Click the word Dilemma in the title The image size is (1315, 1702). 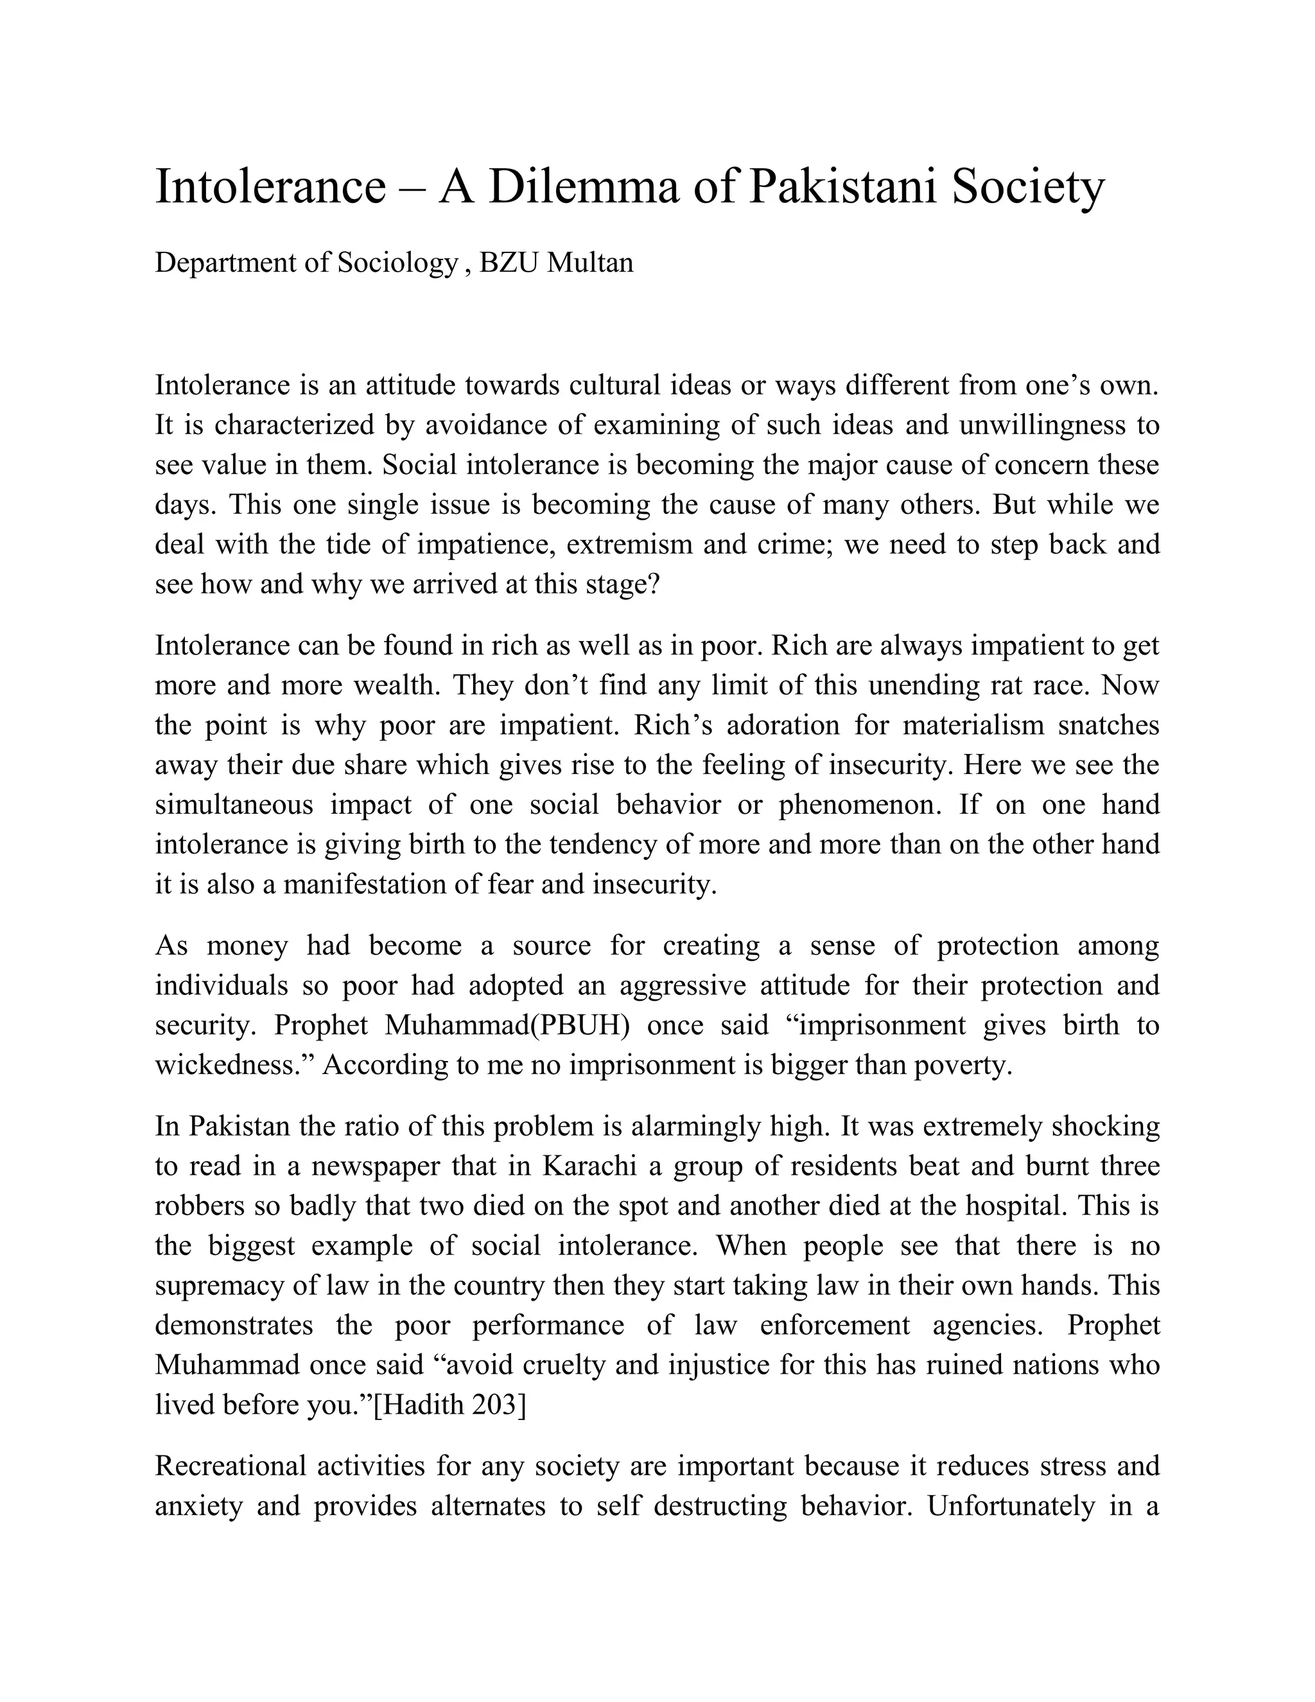[x=584, y=188]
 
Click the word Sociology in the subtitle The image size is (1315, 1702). [x=397, y=263]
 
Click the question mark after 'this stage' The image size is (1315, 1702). [x=654, y=584]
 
